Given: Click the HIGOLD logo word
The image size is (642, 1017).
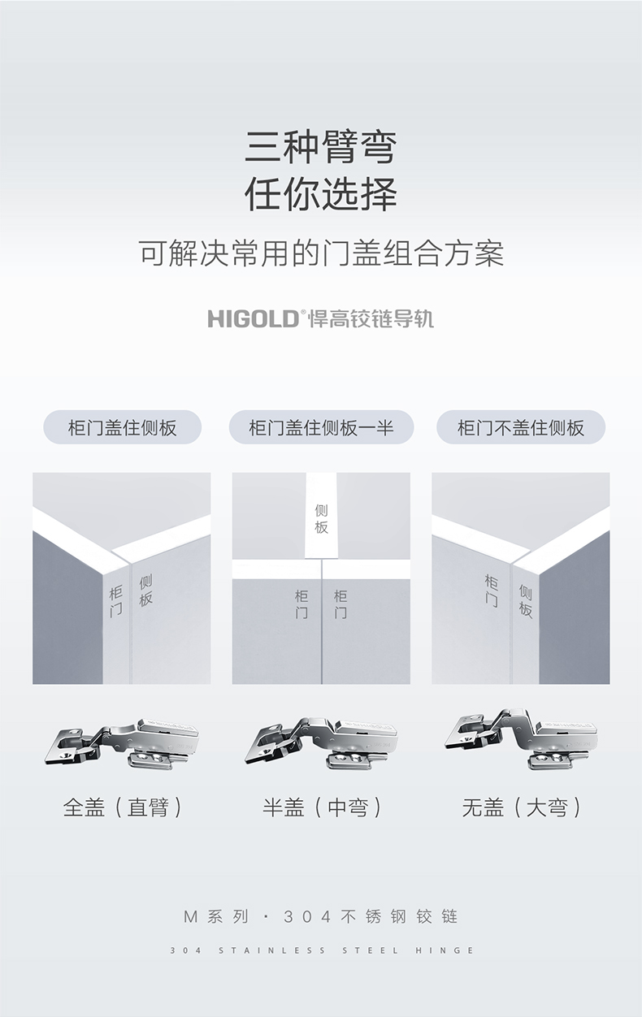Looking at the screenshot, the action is pyautogui.click(x=253, y=318).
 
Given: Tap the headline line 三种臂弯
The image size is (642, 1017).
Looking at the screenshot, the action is pyautogui.click(x=321, y=147).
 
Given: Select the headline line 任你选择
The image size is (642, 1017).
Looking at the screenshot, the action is pyautogui.click(x=321, y=194).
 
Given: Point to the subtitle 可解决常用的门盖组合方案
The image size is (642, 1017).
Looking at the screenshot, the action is pyautogui.click(x=321, y=253).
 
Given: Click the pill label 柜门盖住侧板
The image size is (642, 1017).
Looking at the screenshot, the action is pyautogui.click(x=122, y=427).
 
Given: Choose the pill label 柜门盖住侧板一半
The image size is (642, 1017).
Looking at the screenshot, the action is pyautogui.click(x=321, y=427).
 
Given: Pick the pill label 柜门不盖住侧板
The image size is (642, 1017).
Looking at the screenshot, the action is pyautogui.click(x=521, y=427).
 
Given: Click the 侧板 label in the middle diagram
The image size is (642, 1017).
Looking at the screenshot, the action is pyautogui.click(x=321, y=519).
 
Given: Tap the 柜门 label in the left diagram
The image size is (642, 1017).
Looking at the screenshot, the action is pyautogui.click(x=116, y=601).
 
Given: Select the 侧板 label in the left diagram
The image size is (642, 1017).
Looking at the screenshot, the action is pyautogui.click(x=145, y=591).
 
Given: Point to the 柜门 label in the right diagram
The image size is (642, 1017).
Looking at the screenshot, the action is pyautogui.click(x=491, y=591).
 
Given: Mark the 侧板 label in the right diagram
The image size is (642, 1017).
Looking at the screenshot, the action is pyautogui.click(x=525, y=601).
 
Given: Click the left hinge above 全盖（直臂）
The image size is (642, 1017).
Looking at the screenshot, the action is pyautogui.click(x=122, y=744).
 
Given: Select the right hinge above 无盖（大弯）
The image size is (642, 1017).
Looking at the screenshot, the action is pyautogui.click(x=521, y=738).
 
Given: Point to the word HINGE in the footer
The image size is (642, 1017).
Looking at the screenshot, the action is pyautogui.click(x=445, y=950).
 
